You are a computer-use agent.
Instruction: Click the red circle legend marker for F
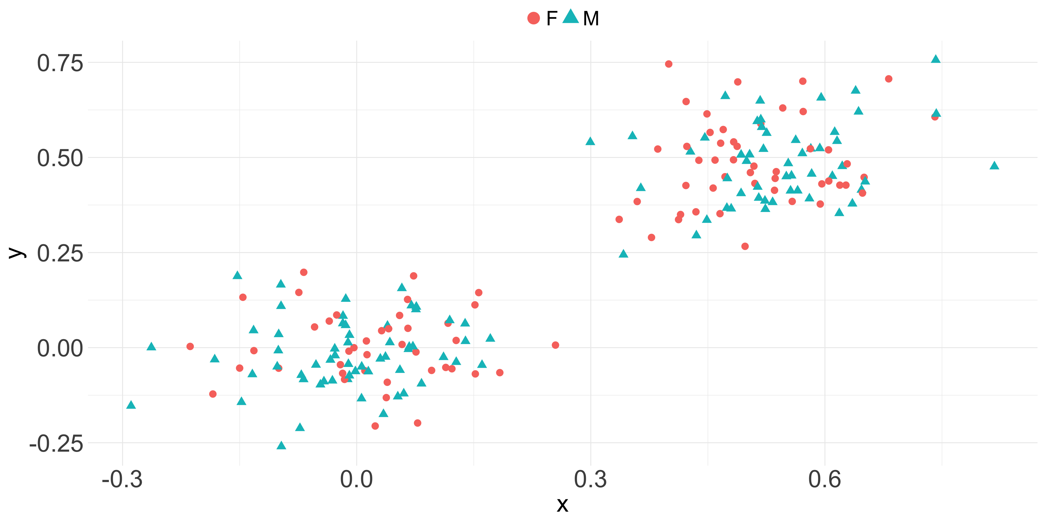coord(534,18)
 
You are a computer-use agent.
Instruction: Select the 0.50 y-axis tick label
coord(60,158)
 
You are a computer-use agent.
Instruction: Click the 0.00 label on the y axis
coord(60,348)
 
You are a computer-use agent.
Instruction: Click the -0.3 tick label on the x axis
coord(122,480)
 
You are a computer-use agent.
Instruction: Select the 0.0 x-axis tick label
coord(356,480)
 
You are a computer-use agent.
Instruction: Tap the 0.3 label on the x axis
coord(591,480)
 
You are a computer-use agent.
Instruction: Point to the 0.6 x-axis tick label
coord(825,480)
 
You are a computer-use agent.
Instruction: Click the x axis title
coord(562,505)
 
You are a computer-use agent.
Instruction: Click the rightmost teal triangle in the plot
coord(994,166)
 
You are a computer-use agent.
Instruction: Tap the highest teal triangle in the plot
coord(936,59)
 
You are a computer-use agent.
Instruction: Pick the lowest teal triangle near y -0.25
coord(281,446)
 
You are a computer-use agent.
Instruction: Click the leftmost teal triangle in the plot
coord(131,405)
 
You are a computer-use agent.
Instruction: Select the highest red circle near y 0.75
coord(669,64)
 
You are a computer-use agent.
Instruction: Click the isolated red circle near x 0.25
coord(555,345)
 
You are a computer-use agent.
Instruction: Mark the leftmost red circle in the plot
coord(190,346)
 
